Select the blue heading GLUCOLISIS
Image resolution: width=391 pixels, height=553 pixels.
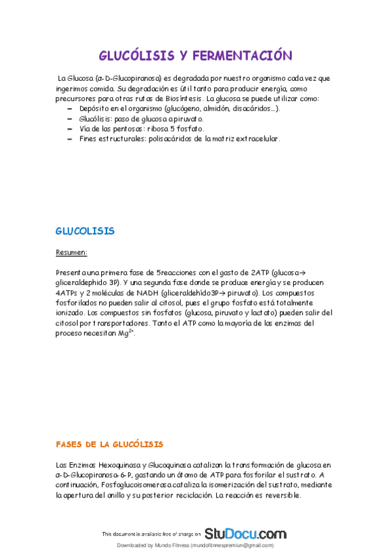coord(85,231)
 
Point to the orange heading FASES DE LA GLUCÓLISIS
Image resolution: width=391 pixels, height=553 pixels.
coord(109,444)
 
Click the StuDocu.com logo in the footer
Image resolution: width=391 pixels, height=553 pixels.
coord(245,533)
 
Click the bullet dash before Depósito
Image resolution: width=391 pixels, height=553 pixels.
coord(70,108)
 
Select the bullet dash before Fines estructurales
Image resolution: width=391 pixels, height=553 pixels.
coord(70,139)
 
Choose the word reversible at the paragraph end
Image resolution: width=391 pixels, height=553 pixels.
coord(280,496)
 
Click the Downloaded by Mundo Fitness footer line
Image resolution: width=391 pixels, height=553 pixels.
coord(195,545)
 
